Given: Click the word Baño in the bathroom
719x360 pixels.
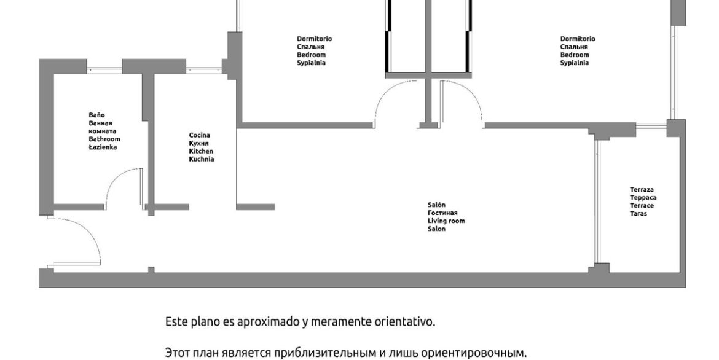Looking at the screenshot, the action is coord(96,115).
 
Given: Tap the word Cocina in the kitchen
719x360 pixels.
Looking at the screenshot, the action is coord(200,135).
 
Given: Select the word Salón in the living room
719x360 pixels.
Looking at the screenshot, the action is coord(436,205).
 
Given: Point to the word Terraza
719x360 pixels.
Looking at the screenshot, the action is coord(642,189).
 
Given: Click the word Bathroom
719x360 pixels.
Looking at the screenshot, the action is coord(104,139).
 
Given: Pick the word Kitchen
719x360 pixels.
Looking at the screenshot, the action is coord(202,151).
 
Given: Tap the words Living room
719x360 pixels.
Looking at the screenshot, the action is coord(446,221).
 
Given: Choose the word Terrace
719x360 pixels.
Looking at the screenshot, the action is coord(642,205).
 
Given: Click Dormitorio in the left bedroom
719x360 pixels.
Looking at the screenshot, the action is coord(315,39).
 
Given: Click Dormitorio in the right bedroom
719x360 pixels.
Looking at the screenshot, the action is coord(578,39).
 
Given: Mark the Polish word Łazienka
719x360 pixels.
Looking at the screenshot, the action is coord(103,147).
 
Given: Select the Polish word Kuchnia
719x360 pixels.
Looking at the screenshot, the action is coord(202,159).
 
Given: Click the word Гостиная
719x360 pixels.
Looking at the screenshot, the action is coord(442,213).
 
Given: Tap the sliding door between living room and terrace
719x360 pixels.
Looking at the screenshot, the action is coord(596,202).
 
